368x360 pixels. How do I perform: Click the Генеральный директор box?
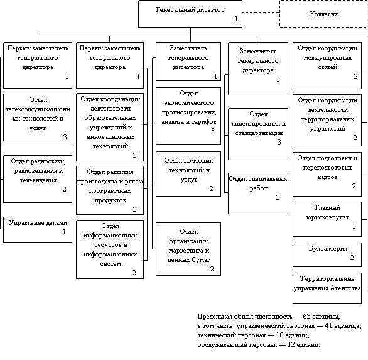[190, 14]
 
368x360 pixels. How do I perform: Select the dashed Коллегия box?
[323, 14]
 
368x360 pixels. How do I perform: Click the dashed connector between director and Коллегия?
[261, 12]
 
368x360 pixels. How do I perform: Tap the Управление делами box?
[38, 229]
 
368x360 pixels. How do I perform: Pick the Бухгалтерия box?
[327, 255]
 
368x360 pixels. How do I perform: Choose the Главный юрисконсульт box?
[327, 219]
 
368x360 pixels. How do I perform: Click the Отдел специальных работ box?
[258, 194]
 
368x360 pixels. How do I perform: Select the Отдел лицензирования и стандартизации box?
[258, 134]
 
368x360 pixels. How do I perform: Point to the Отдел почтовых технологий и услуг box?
[188, 174]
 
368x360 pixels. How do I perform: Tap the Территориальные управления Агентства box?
[327, 288]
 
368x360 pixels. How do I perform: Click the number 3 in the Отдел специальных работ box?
[278, 197]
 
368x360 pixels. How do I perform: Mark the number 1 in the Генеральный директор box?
[236, 19]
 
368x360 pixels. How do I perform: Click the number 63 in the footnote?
[306, 316]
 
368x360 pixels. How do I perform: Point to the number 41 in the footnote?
[328, 325]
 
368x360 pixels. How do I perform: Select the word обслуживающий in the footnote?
[222, 345]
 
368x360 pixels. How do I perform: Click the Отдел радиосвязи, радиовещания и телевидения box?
[38, 179]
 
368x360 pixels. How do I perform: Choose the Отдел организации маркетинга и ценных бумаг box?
[188, 249]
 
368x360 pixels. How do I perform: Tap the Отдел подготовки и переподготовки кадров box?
[327, 174]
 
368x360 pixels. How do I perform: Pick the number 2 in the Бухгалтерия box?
[352, 258]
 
